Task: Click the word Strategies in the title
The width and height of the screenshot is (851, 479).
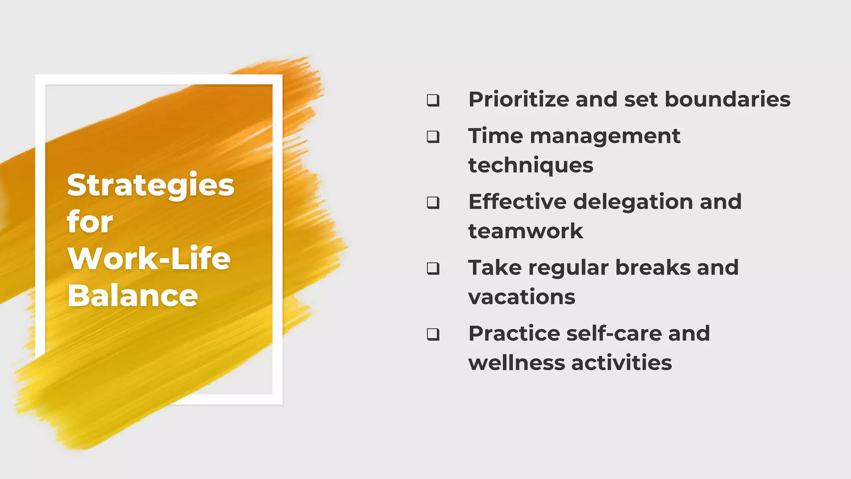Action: tap(150, 185)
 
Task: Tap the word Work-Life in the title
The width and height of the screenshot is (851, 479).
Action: tap(149, 259)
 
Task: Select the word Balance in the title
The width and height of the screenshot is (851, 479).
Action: tap(133, 296)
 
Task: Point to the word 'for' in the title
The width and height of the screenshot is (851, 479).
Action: tap(90, 222)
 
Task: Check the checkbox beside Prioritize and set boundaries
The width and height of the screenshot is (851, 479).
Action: tap(433, 100)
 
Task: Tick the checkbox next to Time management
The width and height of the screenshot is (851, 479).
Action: tap(433, 137)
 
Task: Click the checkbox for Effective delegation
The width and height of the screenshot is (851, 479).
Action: tap(433, 202)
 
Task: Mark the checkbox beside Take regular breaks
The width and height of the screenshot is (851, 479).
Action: tap(433, 268)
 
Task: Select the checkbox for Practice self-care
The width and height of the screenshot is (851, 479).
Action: tap(433, 334)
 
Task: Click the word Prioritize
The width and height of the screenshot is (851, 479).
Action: tap(519, 100)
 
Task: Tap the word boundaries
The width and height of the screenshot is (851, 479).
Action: tap(727, 100)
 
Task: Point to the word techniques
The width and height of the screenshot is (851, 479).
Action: tap(531, 165)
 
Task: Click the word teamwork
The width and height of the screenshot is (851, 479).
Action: tap(526, 231)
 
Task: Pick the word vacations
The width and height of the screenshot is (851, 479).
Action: tap(521, 297)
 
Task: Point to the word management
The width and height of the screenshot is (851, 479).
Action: tap(605, 136)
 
